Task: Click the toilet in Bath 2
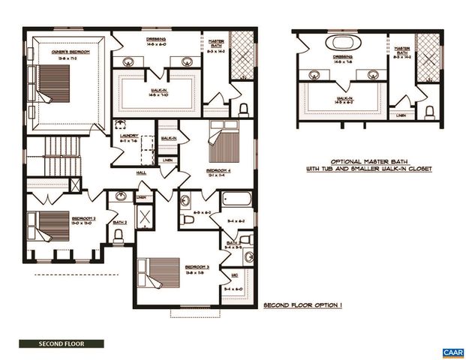click(119, 234)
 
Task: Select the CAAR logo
click(452, 352)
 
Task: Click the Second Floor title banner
click(62, 344)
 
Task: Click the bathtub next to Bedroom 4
click(237, 200)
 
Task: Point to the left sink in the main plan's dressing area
click(126, 62)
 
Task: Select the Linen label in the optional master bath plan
click(402, 115)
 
